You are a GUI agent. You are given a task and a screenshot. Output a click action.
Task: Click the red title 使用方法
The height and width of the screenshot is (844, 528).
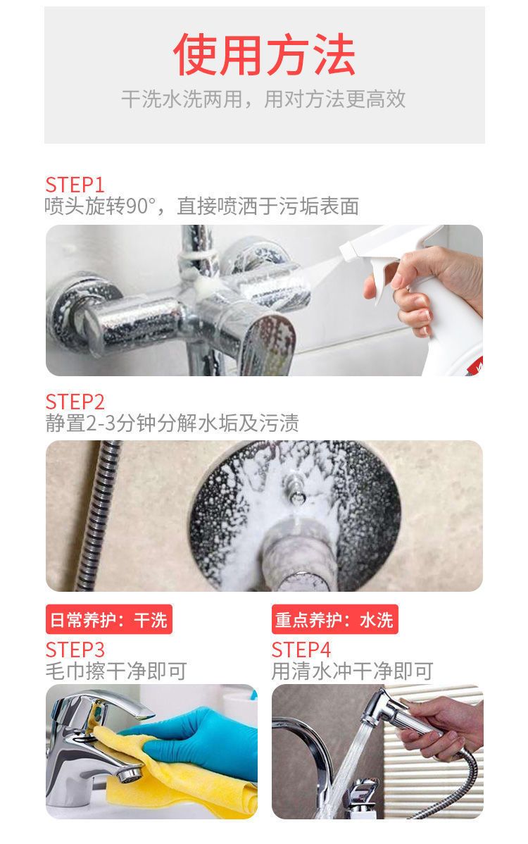click(x=264, y=54)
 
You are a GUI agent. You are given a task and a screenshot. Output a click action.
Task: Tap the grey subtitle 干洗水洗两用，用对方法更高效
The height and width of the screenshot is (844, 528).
click(x=263, y=99)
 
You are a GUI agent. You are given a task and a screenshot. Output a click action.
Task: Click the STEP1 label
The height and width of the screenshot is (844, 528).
click(x=74, y=185)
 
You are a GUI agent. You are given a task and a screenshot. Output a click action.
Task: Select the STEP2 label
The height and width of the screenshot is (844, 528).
click(x=75, y=402)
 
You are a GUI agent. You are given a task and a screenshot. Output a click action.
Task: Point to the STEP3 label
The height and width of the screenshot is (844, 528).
click(x=75, y=650)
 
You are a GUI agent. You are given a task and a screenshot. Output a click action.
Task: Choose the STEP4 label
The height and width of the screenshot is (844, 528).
click(x=301, y=650)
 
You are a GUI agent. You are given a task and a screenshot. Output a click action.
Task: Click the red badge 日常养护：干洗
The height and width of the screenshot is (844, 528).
click(x=108, y=619)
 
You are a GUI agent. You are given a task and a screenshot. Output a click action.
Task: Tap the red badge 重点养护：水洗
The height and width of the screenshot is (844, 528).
click(x=335, y=619)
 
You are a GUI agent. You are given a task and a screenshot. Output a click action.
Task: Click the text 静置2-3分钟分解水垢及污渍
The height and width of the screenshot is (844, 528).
click(x=172, y=423)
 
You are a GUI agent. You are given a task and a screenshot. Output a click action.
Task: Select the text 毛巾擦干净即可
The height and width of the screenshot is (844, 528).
click(x=116, y=671)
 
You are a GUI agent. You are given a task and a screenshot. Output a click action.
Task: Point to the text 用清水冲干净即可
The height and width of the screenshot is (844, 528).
click(x=352, y=671)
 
